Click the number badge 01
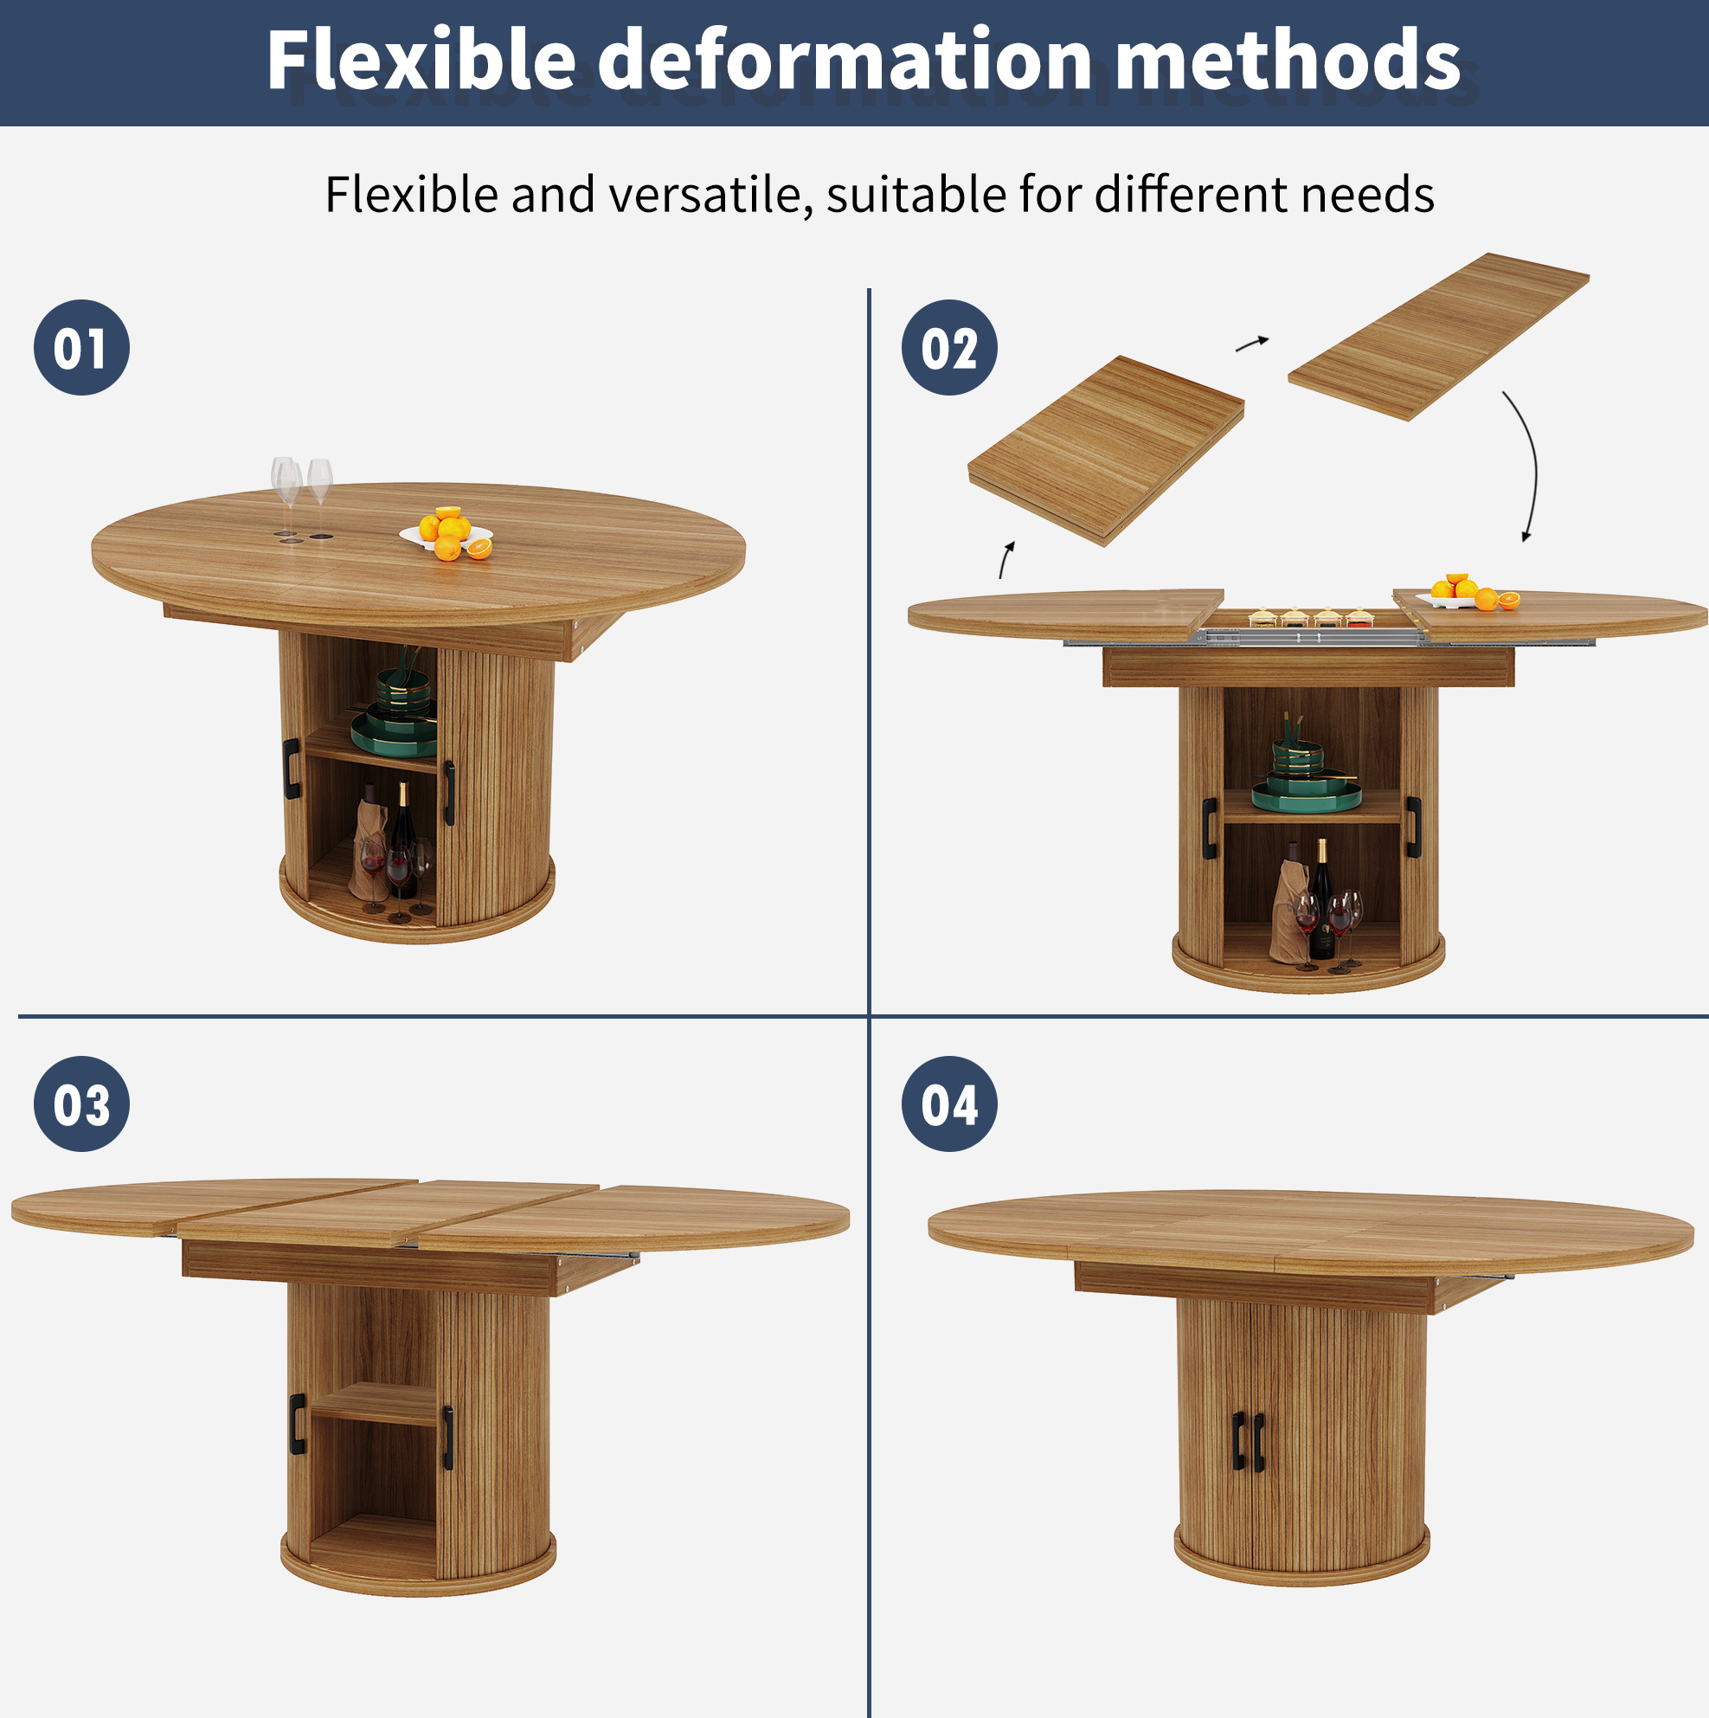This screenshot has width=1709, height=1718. (82, 348)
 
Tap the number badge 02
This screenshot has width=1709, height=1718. (948, 348)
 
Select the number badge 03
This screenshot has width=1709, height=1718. (82, 1104)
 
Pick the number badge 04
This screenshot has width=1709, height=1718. (948, 1104)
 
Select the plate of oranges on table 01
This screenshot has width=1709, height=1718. (447, 533)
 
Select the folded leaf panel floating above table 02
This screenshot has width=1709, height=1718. (1105, 451)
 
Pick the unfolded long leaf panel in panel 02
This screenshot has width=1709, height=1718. (1439, 336)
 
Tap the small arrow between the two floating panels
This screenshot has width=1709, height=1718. (1252, 344)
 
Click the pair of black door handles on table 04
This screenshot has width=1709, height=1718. (1249, 1440)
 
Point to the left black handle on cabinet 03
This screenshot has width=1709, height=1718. (297, 1424)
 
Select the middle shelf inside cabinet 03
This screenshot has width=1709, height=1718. (374, 1403)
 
